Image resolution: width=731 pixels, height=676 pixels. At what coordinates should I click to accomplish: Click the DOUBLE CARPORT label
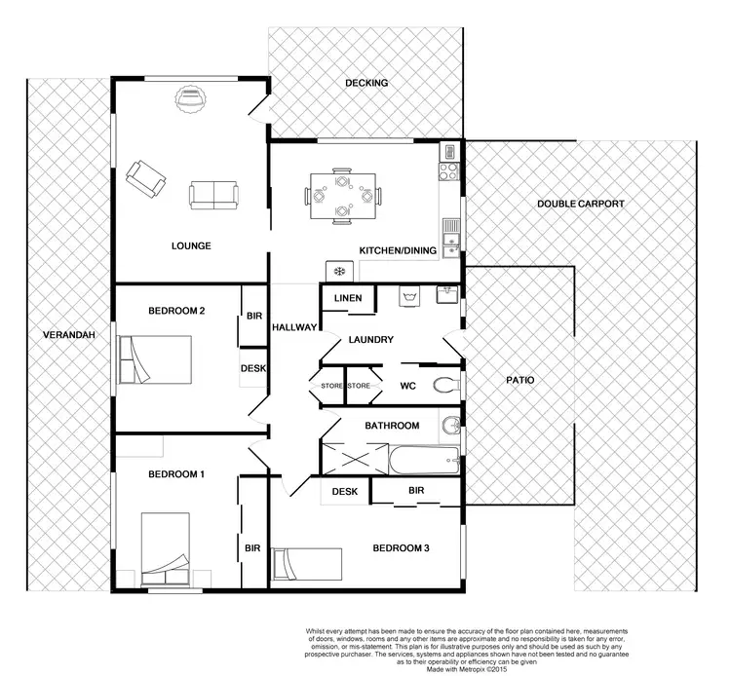click(x=581, y=205)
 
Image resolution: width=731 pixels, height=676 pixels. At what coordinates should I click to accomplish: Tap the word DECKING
click(x=366, y=83)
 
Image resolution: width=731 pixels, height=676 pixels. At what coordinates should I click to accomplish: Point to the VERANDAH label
click(x=68, y=335)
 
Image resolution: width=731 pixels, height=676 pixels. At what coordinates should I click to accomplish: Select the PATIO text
click(x=522, y=380)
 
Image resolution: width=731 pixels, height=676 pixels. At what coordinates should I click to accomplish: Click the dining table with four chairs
click(x=340, y=195)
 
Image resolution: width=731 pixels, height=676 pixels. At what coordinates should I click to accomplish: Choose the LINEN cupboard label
click(x=348, y=298)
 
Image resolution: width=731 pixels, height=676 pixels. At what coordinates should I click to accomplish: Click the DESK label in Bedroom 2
click(x=253, y=368)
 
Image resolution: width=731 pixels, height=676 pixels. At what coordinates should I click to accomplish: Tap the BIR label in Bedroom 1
click(x=251, y=547)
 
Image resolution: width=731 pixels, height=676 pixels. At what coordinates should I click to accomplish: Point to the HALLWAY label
click(x=293, y=327)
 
